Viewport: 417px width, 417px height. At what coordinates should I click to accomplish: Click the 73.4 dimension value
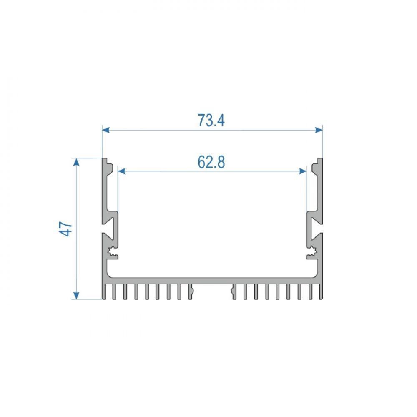pyautogui.click(x=211, y=120)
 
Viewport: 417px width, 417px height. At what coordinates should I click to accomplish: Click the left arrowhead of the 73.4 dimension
pyautogui.click(x=106, y=130)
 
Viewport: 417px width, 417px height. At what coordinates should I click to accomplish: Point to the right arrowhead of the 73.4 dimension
pyautogui.click(x=319, y=130)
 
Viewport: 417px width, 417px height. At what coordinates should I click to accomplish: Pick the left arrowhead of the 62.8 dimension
pyautogui.click(x=121, y=171)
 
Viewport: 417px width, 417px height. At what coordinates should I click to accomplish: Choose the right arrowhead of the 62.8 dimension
pyautogui.click(x=303, y=171)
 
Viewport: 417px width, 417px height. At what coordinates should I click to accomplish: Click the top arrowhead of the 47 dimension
pyautogui.click(x=76, y=162)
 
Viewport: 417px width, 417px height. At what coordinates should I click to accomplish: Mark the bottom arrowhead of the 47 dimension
pyautogui.click(x=76, y=296)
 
